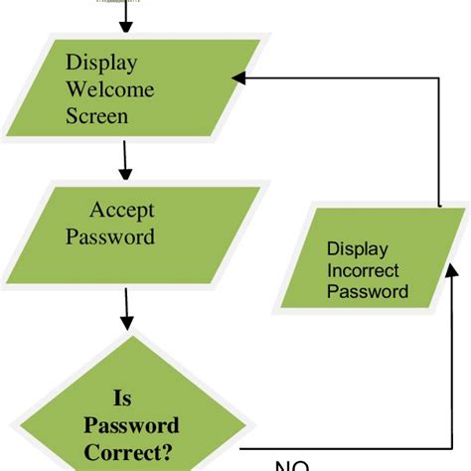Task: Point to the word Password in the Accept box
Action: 122,237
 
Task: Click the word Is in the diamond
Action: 121,398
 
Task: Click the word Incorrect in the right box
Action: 363,270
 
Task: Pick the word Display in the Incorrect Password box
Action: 357,249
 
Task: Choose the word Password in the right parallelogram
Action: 367,291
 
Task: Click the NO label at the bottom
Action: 293,465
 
